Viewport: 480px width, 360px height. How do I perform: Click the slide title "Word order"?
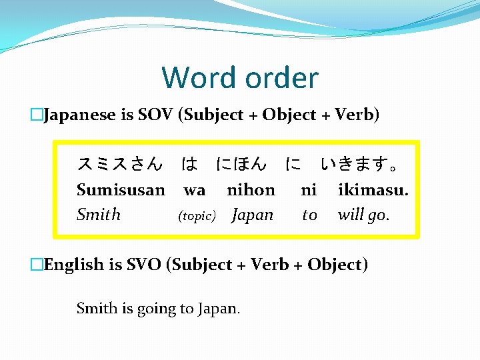240,78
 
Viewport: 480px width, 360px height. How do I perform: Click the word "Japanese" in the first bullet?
79,115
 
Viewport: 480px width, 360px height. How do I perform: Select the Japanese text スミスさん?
119,163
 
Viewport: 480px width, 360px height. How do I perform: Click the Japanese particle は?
189,163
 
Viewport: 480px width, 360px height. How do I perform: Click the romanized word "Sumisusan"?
121,190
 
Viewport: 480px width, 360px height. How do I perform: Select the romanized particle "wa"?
194,191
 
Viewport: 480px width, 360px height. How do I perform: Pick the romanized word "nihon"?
251,190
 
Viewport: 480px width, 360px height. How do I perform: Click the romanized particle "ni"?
309,190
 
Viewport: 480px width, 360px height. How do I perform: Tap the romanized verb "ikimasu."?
373,190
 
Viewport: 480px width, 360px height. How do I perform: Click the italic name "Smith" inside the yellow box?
99,215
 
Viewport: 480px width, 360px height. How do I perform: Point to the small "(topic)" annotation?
196,216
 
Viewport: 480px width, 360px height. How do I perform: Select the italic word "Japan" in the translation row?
253,215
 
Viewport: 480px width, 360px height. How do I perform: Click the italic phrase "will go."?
364,215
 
